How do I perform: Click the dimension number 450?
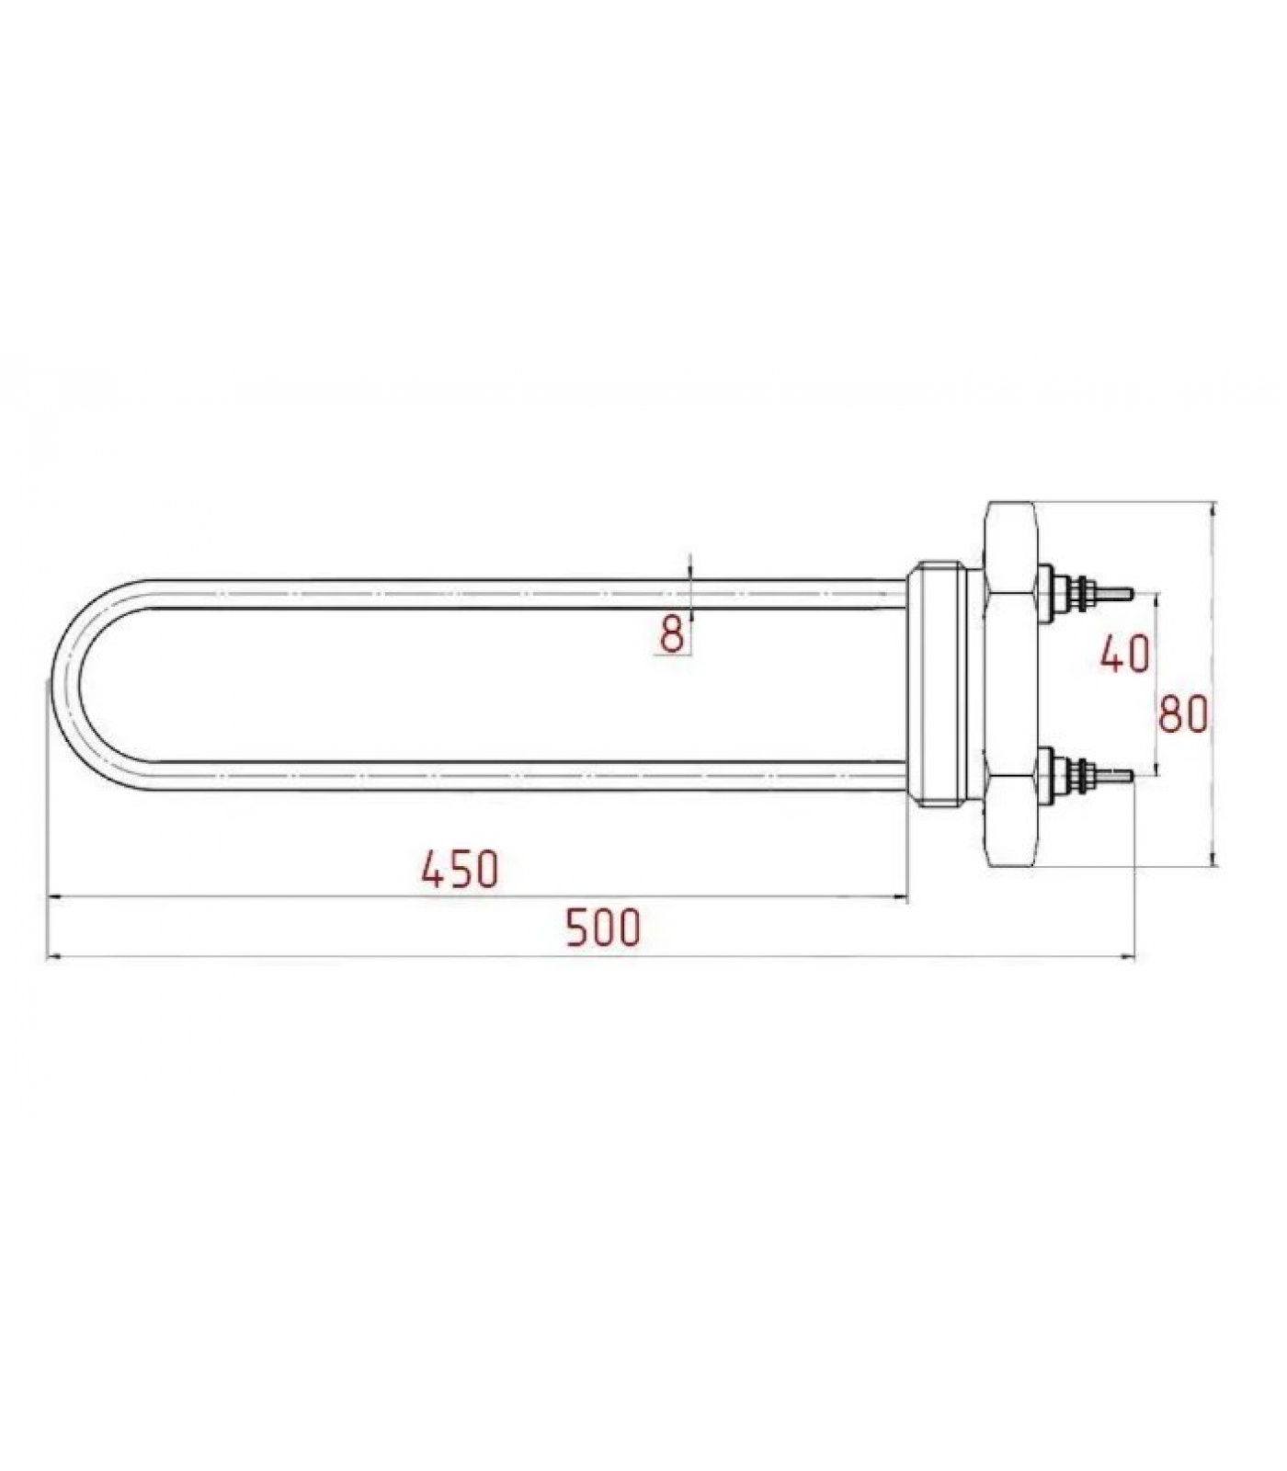tap(460, 869)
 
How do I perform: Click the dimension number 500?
tap(602, 928)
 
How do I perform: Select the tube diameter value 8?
tap(673, 633)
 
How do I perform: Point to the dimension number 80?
tap(1182, 713)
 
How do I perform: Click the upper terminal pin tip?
tap(1133, 593)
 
